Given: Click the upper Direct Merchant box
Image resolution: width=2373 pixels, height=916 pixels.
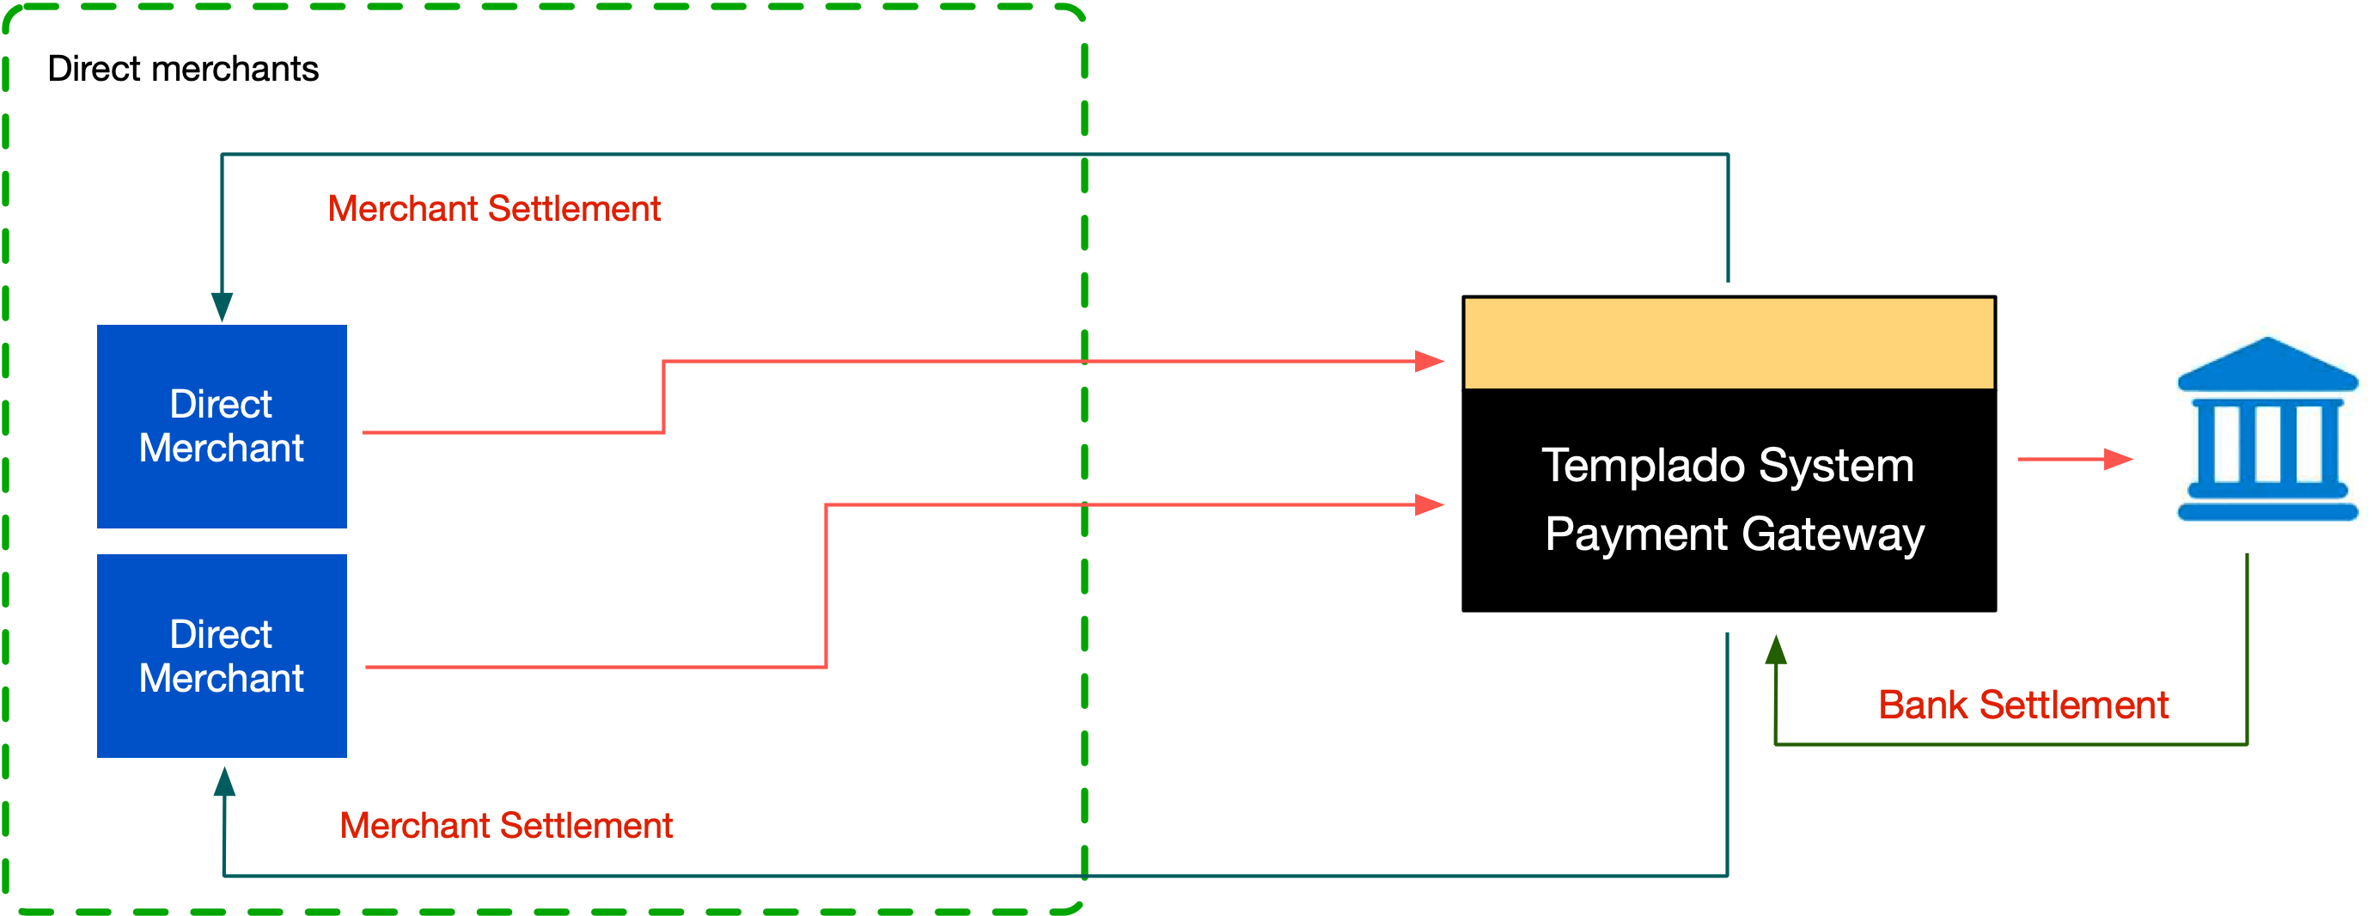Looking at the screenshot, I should click(x=221, y=425).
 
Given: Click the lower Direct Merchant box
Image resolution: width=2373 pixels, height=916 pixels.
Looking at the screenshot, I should click(x=221, y=656).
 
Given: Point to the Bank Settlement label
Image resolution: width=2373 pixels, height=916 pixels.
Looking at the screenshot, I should click(x=2023, y=705).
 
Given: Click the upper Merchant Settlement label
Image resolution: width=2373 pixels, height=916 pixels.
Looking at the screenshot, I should click(x=494, y=209).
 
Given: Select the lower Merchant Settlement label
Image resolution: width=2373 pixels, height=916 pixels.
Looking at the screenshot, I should click(x=506, y=826).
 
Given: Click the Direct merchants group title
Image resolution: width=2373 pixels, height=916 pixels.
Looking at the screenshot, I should click(x=182, y=69).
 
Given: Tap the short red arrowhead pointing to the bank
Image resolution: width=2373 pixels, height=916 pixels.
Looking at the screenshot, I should click(x=2118, y=459).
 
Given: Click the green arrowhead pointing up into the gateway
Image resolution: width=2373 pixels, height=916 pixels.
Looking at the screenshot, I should click(x=1775, y=650).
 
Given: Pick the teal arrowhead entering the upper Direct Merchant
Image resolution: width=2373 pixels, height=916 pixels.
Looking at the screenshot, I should click(x=222, y=307).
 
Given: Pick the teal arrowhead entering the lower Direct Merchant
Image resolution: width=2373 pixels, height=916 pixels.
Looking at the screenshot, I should click(x=224, y=781).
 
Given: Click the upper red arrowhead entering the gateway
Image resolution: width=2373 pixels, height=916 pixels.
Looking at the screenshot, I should click(x=1428, y=361).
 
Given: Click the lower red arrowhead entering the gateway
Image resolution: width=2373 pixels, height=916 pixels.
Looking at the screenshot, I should click(x=1428, y=505).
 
